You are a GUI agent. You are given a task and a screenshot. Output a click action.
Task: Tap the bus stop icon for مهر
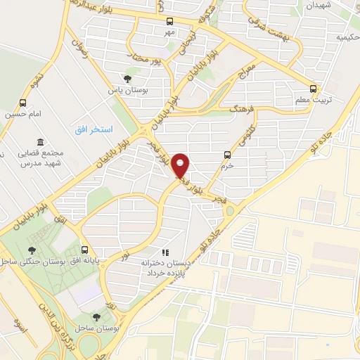pyautogui.click(x=169, y=21)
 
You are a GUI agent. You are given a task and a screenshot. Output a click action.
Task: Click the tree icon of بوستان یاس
pyautogui.click(x=127, y=79)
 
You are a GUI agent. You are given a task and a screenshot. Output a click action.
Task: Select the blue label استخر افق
pyautogui.click(x=94, y=130)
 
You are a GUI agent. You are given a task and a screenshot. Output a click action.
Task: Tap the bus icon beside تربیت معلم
pyautogui.click(x=314, y=89)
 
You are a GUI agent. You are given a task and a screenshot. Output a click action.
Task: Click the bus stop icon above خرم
pyautogui.click(x=226, y=155)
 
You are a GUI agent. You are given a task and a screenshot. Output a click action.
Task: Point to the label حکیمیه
pyautogui.click(x=345, y=36)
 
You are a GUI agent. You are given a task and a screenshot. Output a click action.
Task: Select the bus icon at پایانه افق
pyautogui.click(x=85, y=250)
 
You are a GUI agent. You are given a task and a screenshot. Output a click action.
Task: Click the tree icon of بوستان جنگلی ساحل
pyautogui.click(x=32, y=250)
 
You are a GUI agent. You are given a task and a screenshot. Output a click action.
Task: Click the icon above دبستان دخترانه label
pyautogui.click(x=165, y=252)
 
